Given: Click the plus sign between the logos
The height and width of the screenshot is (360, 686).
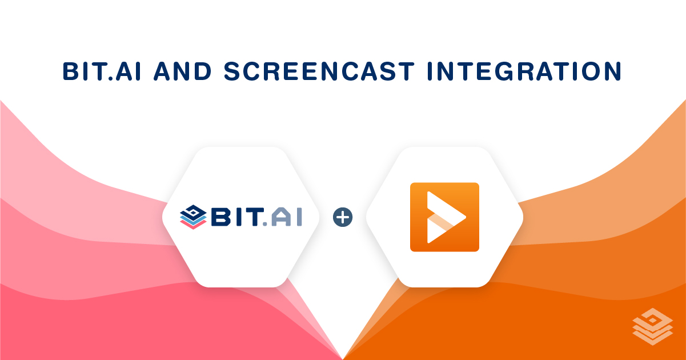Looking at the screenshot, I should (x=343, y=217).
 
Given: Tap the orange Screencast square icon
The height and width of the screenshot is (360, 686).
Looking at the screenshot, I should (x=444, y=217).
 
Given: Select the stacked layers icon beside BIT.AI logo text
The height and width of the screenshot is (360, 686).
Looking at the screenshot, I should (x=192, y=218).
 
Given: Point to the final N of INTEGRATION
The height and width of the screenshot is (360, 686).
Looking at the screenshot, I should (x=612, y=71).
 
